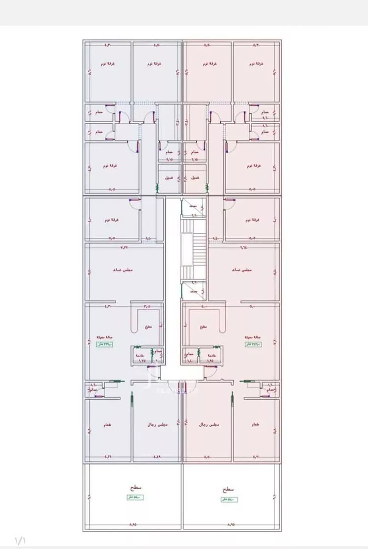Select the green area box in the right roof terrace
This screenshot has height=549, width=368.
pyautogui.click(x=229, y=499)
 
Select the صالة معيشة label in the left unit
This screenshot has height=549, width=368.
pyautogui.click(x=105, y=337)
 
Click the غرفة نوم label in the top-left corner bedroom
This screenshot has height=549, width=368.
pyautogui.click(x=108, y=64)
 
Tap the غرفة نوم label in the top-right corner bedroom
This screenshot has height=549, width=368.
pyautogui.click(x=257, y=64)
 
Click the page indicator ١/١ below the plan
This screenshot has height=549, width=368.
pyautogui.click(x=21, y=540)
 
